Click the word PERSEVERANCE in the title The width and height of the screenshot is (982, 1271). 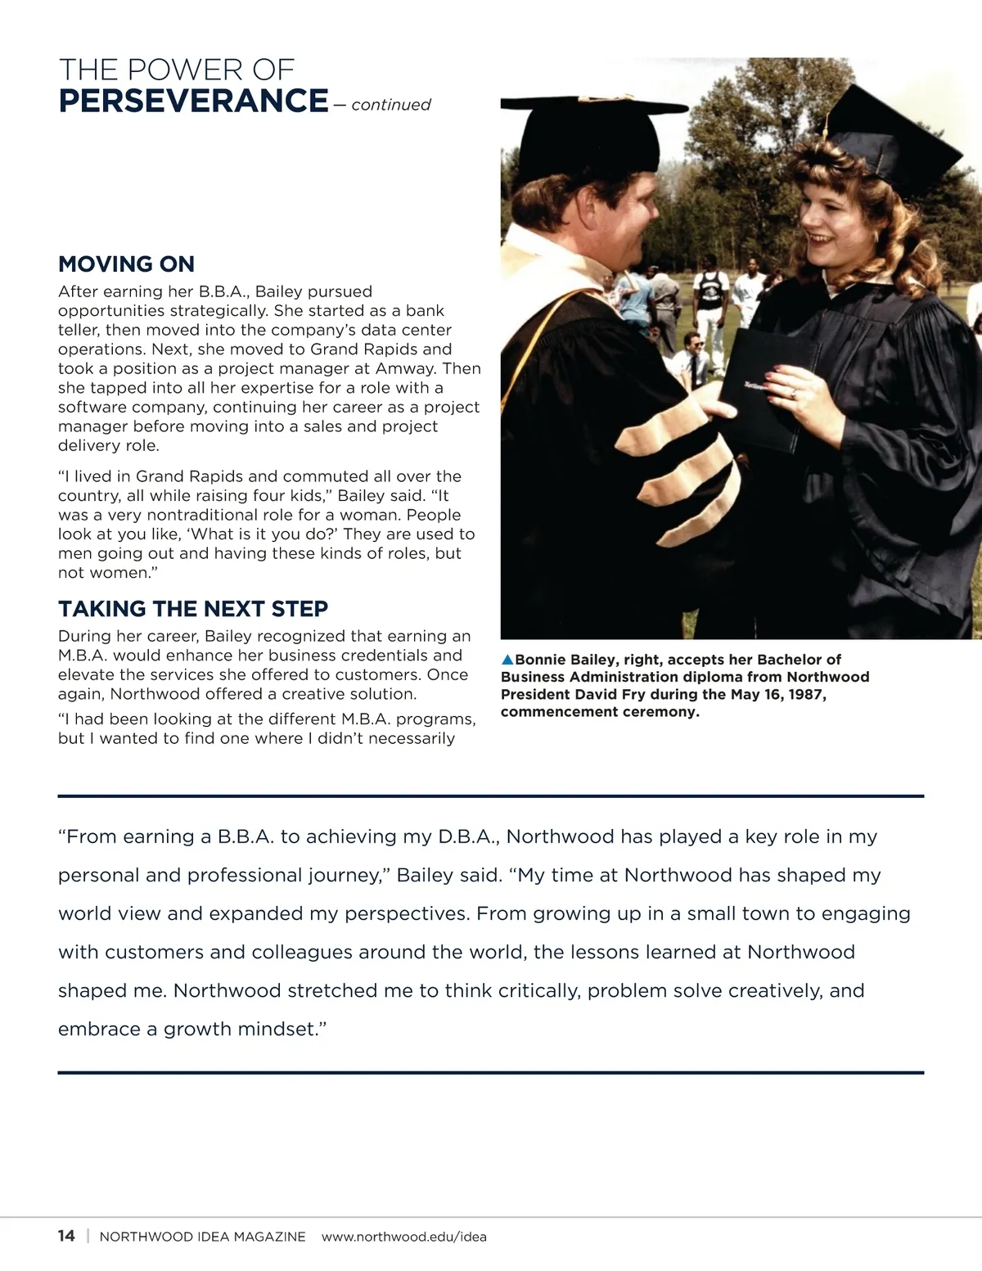[193, 101]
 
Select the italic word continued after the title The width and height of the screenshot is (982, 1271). [391, 105]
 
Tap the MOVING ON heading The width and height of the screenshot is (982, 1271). [126, 264]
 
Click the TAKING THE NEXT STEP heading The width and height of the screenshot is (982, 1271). [193, 609]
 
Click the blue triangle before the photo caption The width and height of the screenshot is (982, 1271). [507, 660]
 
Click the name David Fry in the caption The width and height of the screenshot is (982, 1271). [606, 694]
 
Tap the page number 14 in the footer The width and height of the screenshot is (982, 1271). [66, 1236]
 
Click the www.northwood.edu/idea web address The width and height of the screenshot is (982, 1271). [404, 1237]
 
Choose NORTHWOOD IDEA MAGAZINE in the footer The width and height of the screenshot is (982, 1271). [202, 1237]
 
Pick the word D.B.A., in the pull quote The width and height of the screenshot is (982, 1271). [468, 836]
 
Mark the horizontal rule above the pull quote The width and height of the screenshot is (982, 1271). [491, 796]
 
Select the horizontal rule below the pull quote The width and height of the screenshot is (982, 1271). [491, 1072]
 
